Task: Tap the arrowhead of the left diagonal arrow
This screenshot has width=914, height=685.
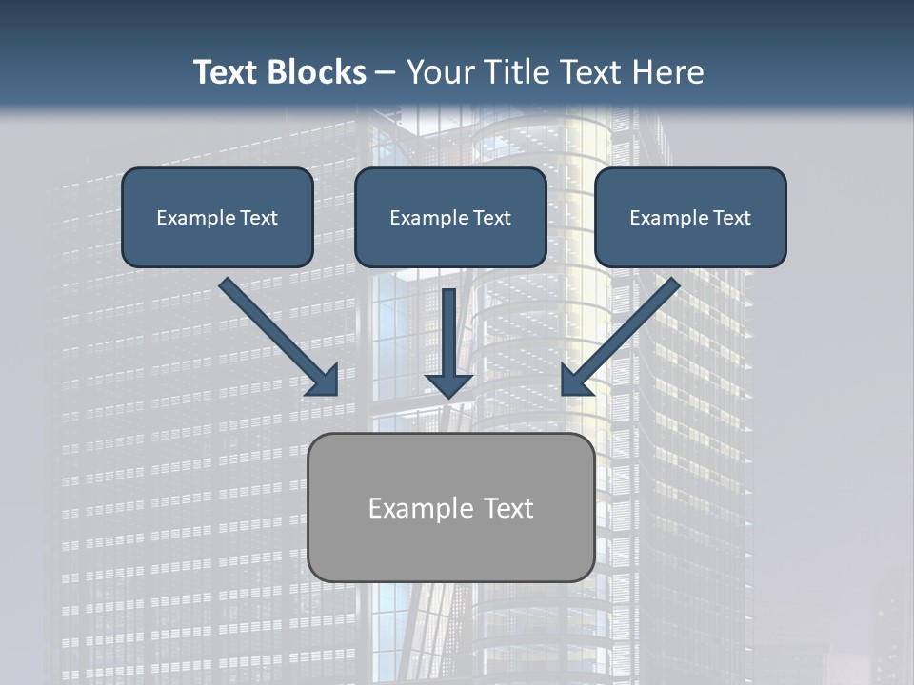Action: click(x=325, y=382)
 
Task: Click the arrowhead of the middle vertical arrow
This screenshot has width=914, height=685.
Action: click(x=448, y=384)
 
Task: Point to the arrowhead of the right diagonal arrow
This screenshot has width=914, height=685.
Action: click(x=575, y=382)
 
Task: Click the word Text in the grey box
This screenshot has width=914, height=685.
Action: click(x=508, y=508)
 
